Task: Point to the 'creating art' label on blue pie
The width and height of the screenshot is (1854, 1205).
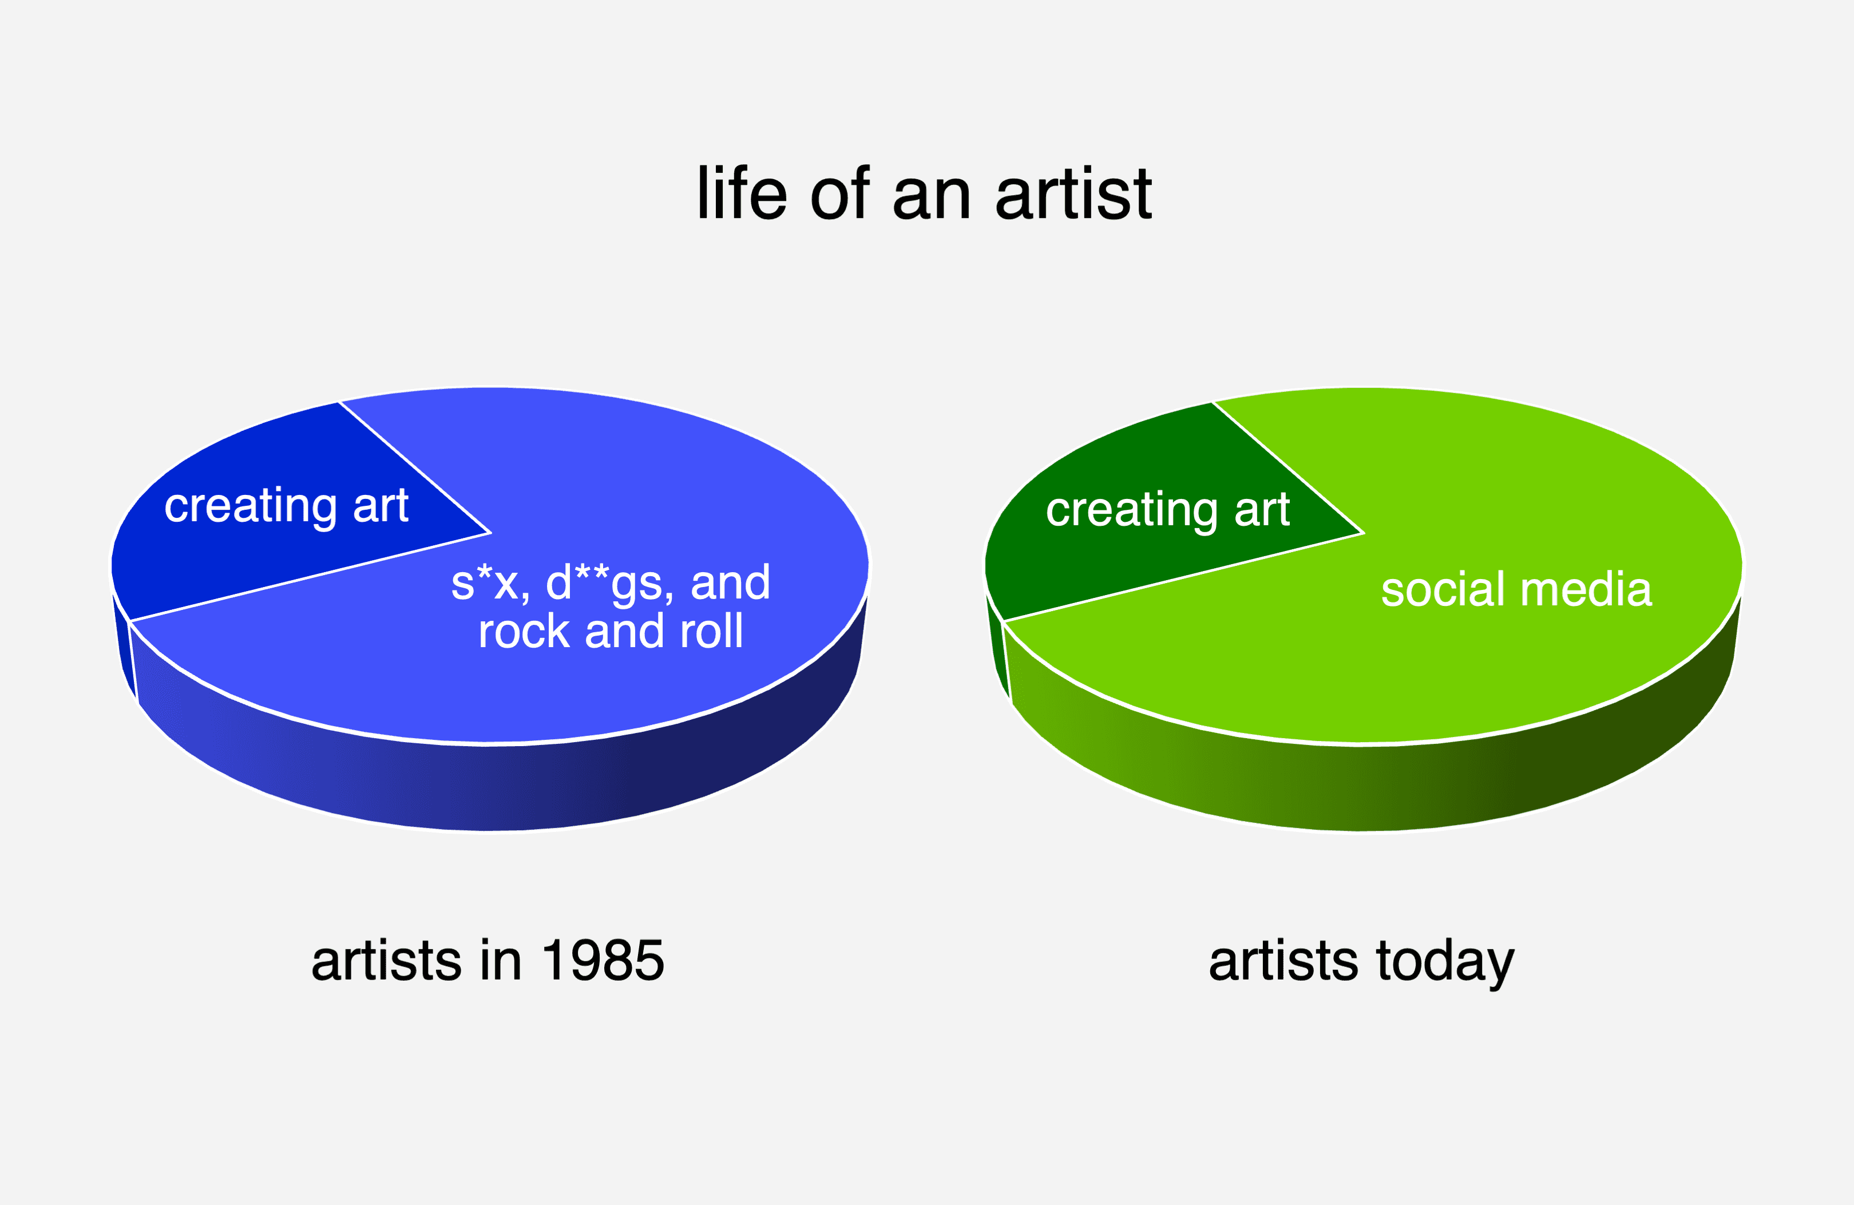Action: click(x=286, y=506)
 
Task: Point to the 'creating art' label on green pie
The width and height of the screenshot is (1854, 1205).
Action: click(x=1168, y=510)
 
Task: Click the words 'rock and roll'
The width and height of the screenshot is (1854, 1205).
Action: click(x=611, y=631)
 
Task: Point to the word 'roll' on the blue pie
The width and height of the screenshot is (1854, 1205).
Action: click(x=711, y=631)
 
